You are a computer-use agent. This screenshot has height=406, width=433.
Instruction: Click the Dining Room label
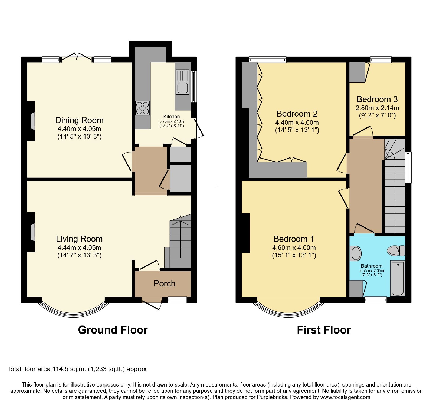pos(79,120)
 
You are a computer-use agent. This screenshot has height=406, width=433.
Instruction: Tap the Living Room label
pos(79,239)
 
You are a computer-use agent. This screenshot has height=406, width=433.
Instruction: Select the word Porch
pos(165,284)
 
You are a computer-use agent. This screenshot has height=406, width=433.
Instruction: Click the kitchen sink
pos(182,82)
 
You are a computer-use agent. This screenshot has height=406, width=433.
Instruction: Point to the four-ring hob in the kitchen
pos(143,108)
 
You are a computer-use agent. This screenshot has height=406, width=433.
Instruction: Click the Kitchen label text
pos(172,117)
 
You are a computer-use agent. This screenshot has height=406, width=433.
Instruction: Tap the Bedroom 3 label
pos(377,99)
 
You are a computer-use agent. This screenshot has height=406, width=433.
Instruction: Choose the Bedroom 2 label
pos(297,114)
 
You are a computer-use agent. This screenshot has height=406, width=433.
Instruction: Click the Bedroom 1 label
pos(294,239)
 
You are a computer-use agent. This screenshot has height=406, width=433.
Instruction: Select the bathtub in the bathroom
pos(398,279)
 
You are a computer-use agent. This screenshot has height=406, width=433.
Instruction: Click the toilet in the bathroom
pos(396,250)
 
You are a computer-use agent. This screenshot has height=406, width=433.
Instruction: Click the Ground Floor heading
pos(113,330)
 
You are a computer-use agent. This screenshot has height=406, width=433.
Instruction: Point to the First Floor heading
pos(324,330)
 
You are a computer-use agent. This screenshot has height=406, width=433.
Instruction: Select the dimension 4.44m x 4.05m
pos(79,248)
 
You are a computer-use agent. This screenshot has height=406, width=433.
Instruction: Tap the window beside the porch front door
pos(177,300)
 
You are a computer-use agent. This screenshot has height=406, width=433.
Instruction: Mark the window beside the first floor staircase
pos(408,168)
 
